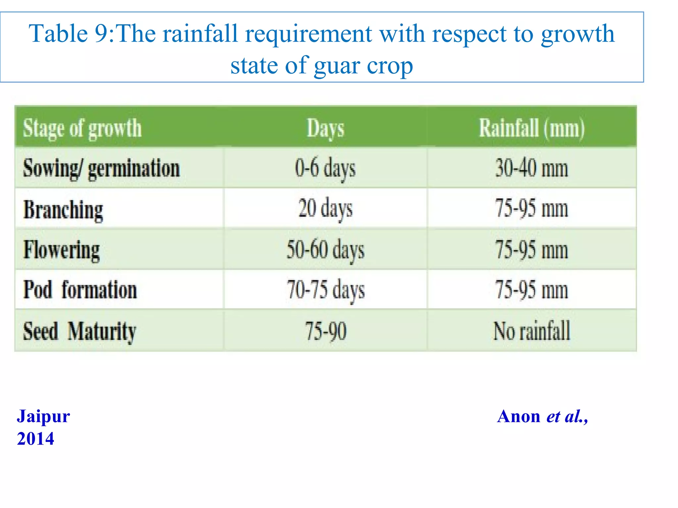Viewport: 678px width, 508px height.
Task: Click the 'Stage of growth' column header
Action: [x=82, y=128]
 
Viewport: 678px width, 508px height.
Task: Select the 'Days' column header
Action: [x=325, y=128]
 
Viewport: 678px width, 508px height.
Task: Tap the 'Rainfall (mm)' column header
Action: [x=532, y=128]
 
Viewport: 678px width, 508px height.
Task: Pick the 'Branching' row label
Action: [x=63, y=210]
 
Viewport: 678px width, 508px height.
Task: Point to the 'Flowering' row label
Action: [x=62, y=250]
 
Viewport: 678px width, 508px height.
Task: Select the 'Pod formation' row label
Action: [x=80, y=290]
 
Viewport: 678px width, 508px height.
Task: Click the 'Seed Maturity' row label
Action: [x=79, y=331]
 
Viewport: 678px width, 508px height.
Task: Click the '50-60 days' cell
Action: [x=325, y=250]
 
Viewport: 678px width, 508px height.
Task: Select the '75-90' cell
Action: [x=325, y=331]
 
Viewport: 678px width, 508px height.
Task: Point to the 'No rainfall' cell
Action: [x=532, y=331]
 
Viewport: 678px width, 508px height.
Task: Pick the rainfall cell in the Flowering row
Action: [x=532, y=250]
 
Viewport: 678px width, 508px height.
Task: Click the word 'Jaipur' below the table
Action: [x=43, y=416]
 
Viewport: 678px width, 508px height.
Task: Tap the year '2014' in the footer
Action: [x=35, y=439]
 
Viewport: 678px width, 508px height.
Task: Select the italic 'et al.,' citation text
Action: [x=567, y=416]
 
